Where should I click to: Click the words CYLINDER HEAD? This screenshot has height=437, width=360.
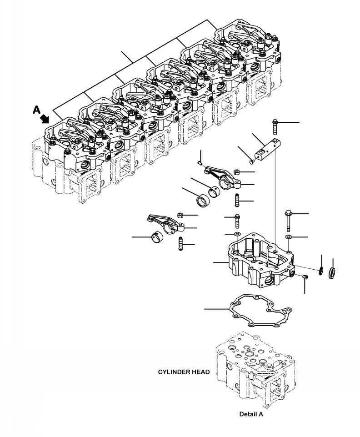(x=184, y=372)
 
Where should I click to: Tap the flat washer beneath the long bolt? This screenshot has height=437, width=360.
(x=288, y=237)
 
